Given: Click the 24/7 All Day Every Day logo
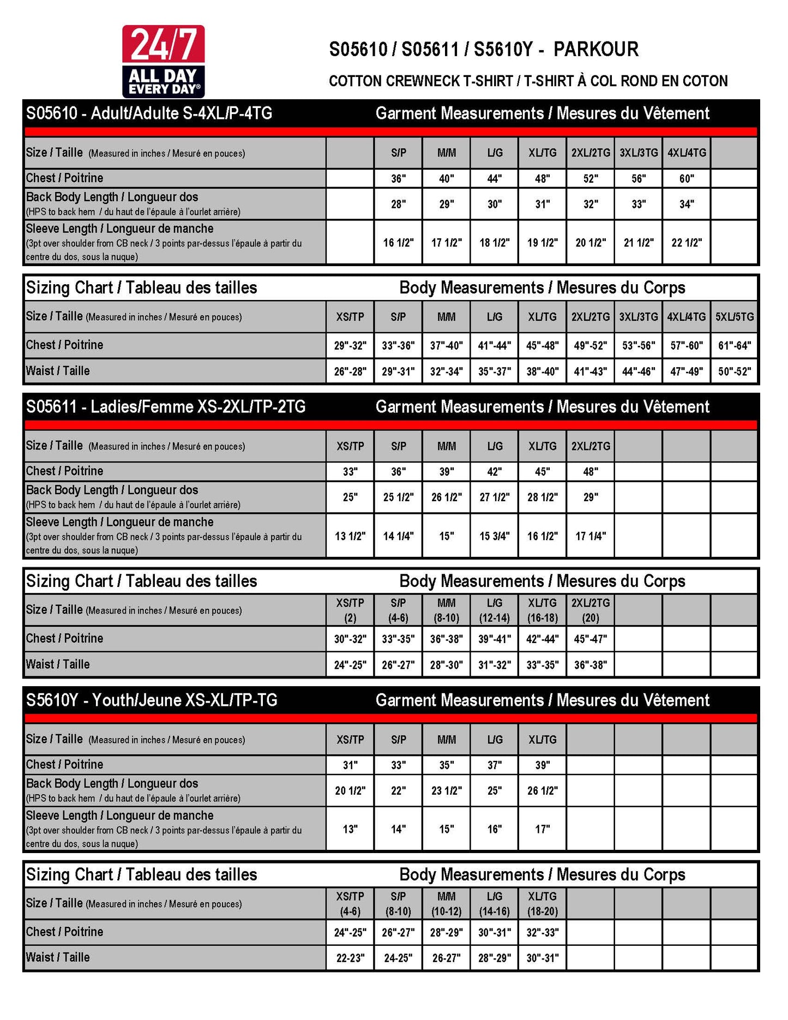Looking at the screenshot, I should tap(163, 61).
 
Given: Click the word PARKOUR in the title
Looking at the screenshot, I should tap(595, 50).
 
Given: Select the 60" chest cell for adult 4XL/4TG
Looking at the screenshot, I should tap(687, 178).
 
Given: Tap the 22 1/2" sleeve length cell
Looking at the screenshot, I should tap(687, 243).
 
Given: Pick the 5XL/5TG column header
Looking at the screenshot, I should tap(735, 317).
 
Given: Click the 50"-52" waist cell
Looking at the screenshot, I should tap(735, 371).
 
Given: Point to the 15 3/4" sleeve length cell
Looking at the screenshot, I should tap(495, 536).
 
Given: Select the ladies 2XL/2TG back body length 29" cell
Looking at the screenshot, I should tap(591, 497).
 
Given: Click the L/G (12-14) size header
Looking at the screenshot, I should tap(495, 610).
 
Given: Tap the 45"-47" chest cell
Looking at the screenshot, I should tap(591, 639).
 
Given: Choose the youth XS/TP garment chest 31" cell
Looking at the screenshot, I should tap(350, 765).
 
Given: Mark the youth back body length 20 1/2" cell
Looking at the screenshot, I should tap(350, 790).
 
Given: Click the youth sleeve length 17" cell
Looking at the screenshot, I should tap(543, 829).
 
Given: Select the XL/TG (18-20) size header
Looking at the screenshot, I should tap(543, 904).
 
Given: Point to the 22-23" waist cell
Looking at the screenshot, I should tap(350, 958).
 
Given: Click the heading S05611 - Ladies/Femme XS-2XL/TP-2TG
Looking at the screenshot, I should tap(166, 407).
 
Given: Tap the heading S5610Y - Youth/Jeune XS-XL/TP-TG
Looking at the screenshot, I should tap(152, 700).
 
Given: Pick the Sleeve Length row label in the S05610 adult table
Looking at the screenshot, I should tap(120, 229).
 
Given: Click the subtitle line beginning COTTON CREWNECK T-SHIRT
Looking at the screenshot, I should tap(528, 81).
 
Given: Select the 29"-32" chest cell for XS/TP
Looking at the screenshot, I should tap(350, 345).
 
